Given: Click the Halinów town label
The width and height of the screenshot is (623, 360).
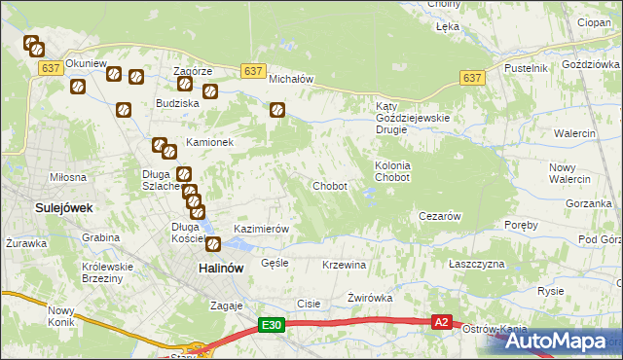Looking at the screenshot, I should tap(220, 267).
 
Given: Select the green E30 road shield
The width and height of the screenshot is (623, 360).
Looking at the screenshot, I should tap(272, 326).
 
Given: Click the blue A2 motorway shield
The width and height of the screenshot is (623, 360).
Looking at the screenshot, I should tap(442, 321).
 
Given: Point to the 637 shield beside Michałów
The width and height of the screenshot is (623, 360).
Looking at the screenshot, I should tap(253, 71).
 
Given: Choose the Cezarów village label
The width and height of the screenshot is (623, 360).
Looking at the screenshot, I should tap(438, 216).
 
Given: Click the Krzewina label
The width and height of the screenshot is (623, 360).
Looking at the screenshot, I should tap(343, 265).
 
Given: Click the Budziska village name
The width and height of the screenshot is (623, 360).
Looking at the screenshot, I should tap(178, 102).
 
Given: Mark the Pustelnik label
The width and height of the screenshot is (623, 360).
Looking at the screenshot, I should tap(527, 68).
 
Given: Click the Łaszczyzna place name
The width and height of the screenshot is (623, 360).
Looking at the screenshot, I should tap(477, 265).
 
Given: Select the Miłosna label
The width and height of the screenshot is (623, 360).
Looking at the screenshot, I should tap(68, 177).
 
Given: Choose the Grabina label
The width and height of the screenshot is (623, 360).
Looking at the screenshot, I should tap(100, 237).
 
